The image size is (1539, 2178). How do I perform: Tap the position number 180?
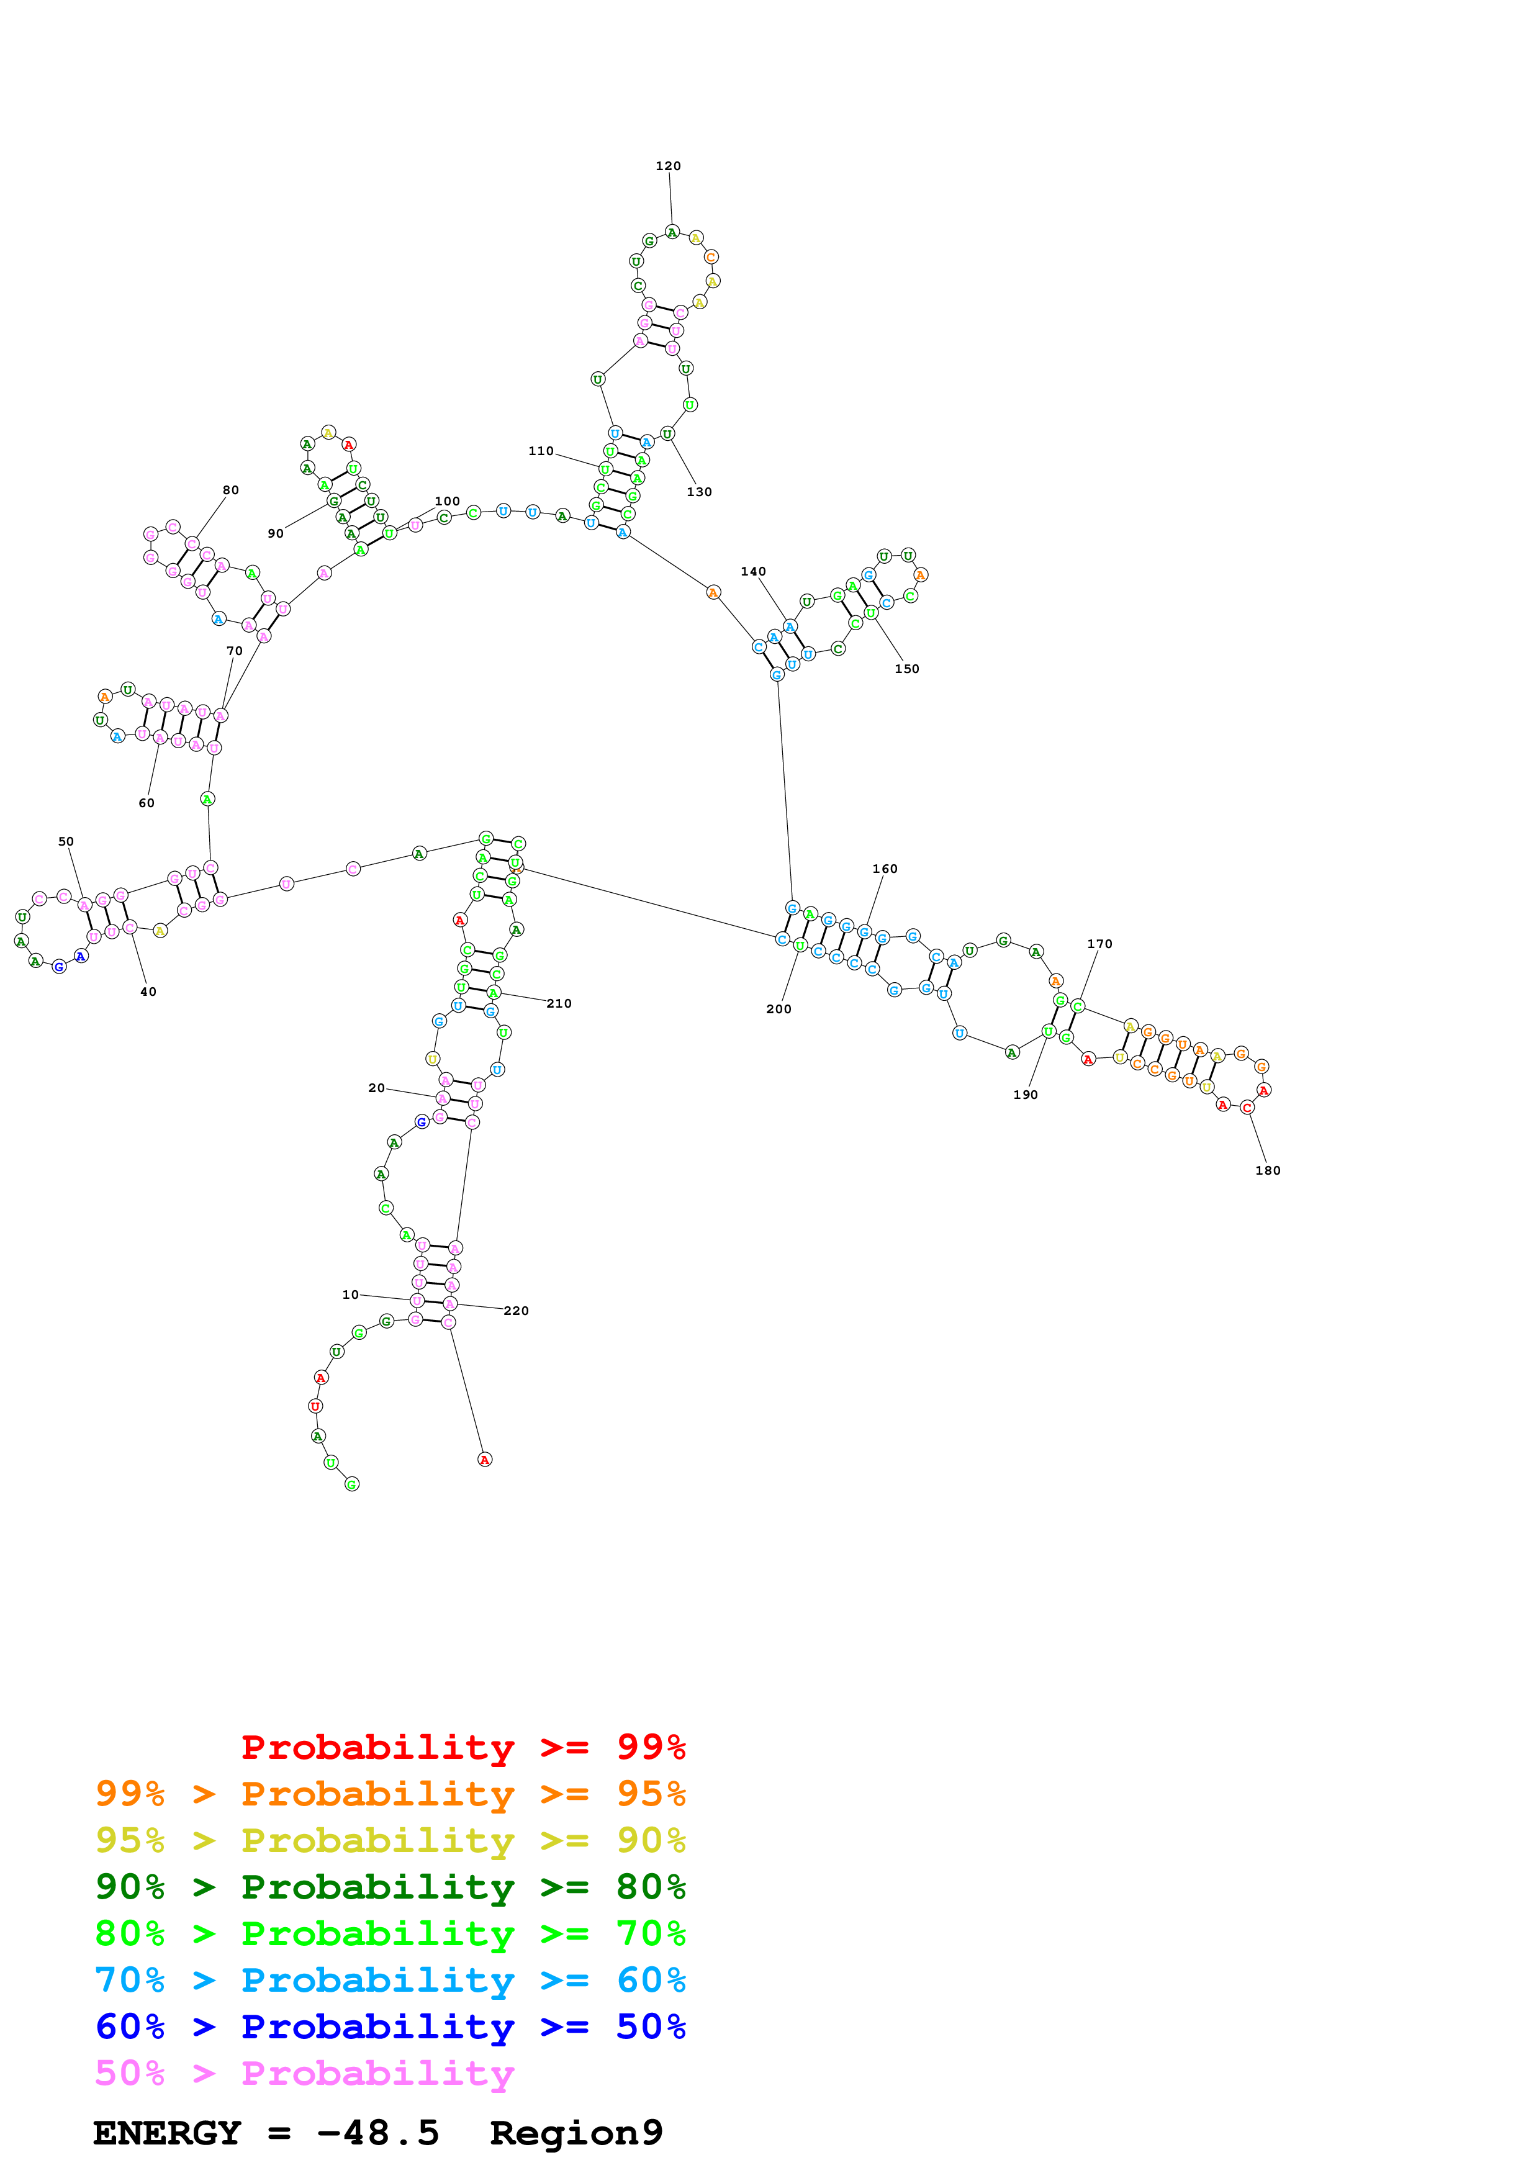coord(1267,1170)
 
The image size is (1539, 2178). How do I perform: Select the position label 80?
coord(230,490)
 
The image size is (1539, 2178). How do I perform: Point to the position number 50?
coord(65,841)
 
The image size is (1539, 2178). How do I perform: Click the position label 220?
coord(516,1311)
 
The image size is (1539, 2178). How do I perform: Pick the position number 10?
coord(350,1295)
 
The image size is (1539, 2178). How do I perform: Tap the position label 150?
coord(906,669)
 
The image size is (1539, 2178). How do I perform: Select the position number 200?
coord(779,1010)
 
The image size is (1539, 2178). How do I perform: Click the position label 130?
coord(699,492)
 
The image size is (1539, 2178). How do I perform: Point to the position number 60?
coord(146,803)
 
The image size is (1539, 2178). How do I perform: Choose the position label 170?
coord(1099,944)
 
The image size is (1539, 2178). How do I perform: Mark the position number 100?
coord(446,502)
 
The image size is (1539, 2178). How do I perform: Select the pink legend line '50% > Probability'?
coord(304,2074)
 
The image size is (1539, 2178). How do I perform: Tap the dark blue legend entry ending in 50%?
coord(390,2027)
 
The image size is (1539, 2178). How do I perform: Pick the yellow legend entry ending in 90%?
coord(390,1840)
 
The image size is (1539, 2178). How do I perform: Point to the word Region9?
coord(575,2133)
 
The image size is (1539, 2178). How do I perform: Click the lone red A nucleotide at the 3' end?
coord(485,1460)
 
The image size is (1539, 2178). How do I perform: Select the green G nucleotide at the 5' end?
coord(352,1484)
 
